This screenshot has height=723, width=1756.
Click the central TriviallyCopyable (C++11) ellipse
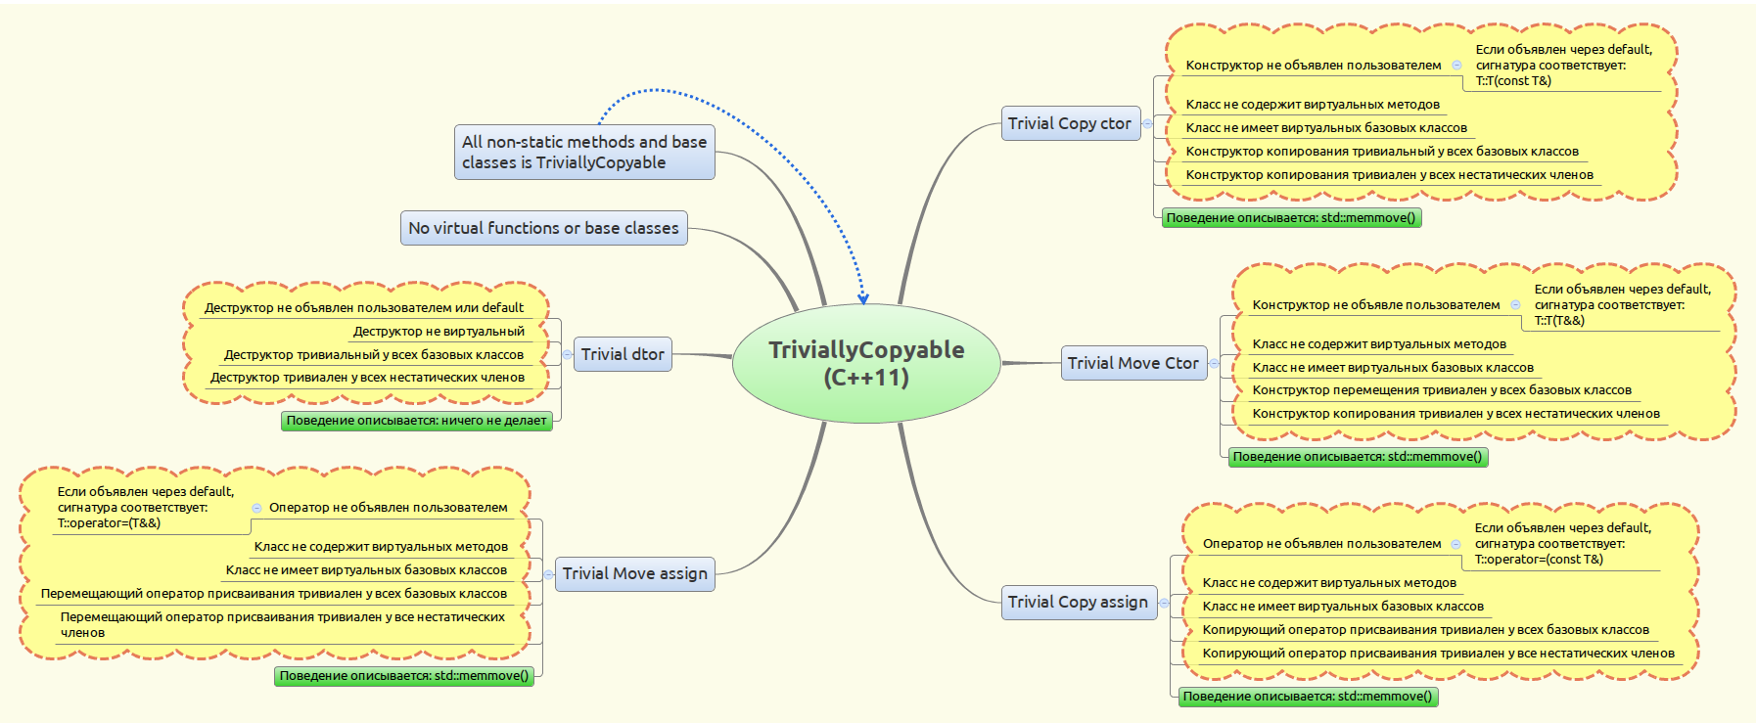[866, 363]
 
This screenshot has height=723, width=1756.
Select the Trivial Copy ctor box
[1071, 123]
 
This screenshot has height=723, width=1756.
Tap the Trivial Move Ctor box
[1133, 363]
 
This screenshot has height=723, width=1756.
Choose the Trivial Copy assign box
[1079, 602]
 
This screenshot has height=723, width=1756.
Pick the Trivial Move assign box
[635, 573]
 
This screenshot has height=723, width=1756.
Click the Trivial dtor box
[623, 354]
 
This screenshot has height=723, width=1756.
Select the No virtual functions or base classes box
[543, 228]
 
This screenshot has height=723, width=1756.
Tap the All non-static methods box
[584, 152]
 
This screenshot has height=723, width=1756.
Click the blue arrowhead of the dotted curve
[862, 298]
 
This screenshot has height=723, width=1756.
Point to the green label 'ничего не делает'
[417, 421]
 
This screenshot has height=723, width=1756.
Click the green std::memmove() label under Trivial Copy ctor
[1291, 218]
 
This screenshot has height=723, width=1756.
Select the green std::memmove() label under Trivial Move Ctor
[1358, 457]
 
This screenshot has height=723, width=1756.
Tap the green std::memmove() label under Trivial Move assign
[404, 676]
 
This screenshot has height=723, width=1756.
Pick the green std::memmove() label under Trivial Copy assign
[1308, 697]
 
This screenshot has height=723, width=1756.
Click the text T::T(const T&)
[1513, 81]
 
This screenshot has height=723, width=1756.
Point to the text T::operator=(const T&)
[1539, 560]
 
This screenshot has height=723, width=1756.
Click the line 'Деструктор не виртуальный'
[439, 332]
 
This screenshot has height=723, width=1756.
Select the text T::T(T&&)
[1559, 321]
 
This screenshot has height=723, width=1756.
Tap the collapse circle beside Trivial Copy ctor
[1147, 123]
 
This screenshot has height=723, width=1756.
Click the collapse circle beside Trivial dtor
[567, 354]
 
